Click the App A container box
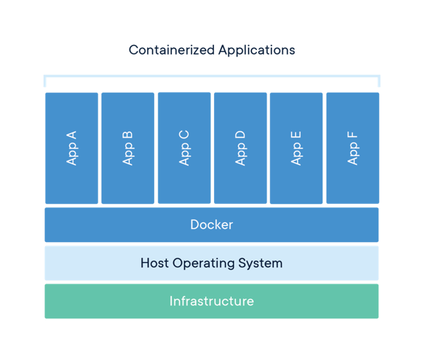(x=72, y=148)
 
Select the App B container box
(x=128, y=148)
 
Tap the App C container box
(x=185, y=148)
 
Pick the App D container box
(x=241, y=148)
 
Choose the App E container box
(x=297, y=148)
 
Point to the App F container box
(x=353, y=148)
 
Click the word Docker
(x=212, y=224)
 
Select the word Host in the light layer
(x=155, y=263)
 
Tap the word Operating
(x=204, y=263)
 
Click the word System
(x=260, y=263)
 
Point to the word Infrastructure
(x=212, y=301)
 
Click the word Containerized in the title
(x=172, y=50)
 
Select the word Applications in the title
(x=256, y=50)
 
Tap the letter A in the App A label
(x=72, y=136)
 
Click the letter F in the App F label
(x=352, y=136)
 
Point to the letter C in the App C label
(x=184, y=136)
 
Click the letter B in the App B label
(x=127, y=136)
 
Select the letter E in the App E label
(x=296, y=136)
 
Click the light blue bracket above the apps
(x=212, y=76)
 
